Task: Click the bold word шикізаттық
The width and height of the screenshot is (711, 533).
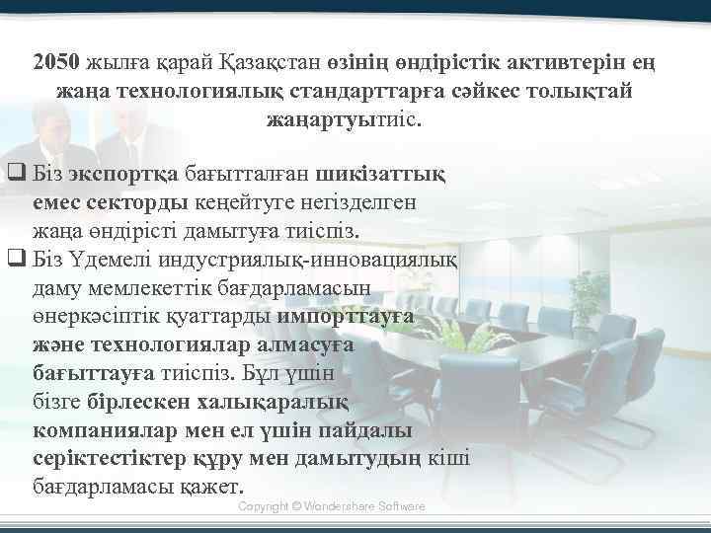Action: (381, 175)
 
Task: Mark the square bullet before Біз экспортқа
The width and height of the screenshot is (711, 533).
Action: (15, 175)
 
